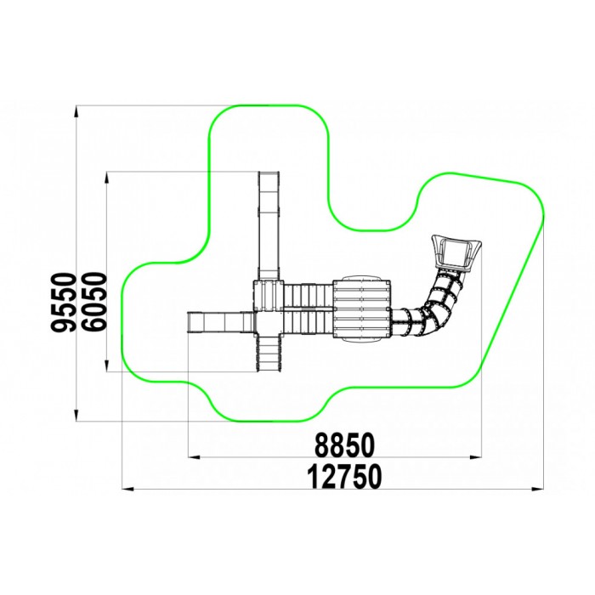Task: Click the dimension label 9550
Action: tap(63, 303)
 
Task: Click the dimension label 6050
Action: tap(93, 303)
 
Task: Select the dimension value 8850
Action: tap(344, 445)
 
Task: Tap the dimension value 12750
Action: tap(343, 477)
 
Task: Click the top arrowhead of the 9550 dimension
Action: tap(76, 112)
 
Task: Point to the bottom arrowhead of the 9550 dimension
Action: tap(76, 415)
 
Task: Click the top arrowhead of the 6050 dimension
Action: tap(107, 178)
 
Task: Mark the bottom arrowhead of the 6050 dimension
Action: tap(107, 365)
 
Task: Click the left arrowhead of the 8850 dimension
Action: tap(195, 457)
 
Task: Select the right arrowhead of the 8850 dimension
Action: tap(475, 457)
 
